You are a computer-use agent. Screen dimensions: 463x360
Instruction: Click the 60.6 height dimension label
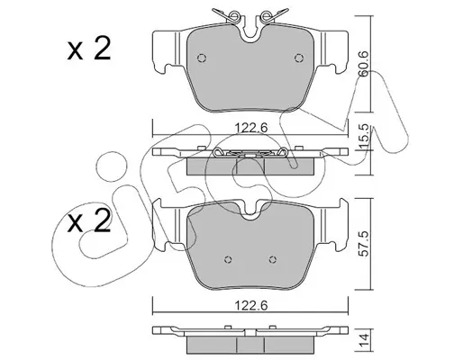coord(364,64)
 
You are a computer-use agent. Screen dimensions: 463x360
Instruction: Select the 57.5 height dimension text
coord(364,244)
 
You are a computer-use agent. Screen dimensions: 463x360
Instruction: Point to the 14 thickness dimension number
coord(364,341)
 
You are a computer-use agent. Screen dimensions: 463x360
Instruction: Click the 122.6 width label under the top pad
coord(250,128)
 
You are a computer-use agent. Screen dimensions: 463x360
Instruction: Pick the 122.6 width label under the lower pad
coord(250,306)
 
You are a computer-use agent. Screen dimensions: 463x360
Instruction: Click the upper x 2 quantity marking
coord(89,49)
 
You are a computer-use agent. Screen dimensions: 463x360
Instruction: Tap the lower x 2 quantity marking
coord(89,221)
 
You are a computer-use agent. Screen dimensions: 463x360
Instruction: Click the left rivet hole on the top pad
coord(202,58)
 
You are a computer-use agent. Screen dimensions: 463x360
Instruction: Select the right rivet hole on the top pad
coord(298,58)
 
